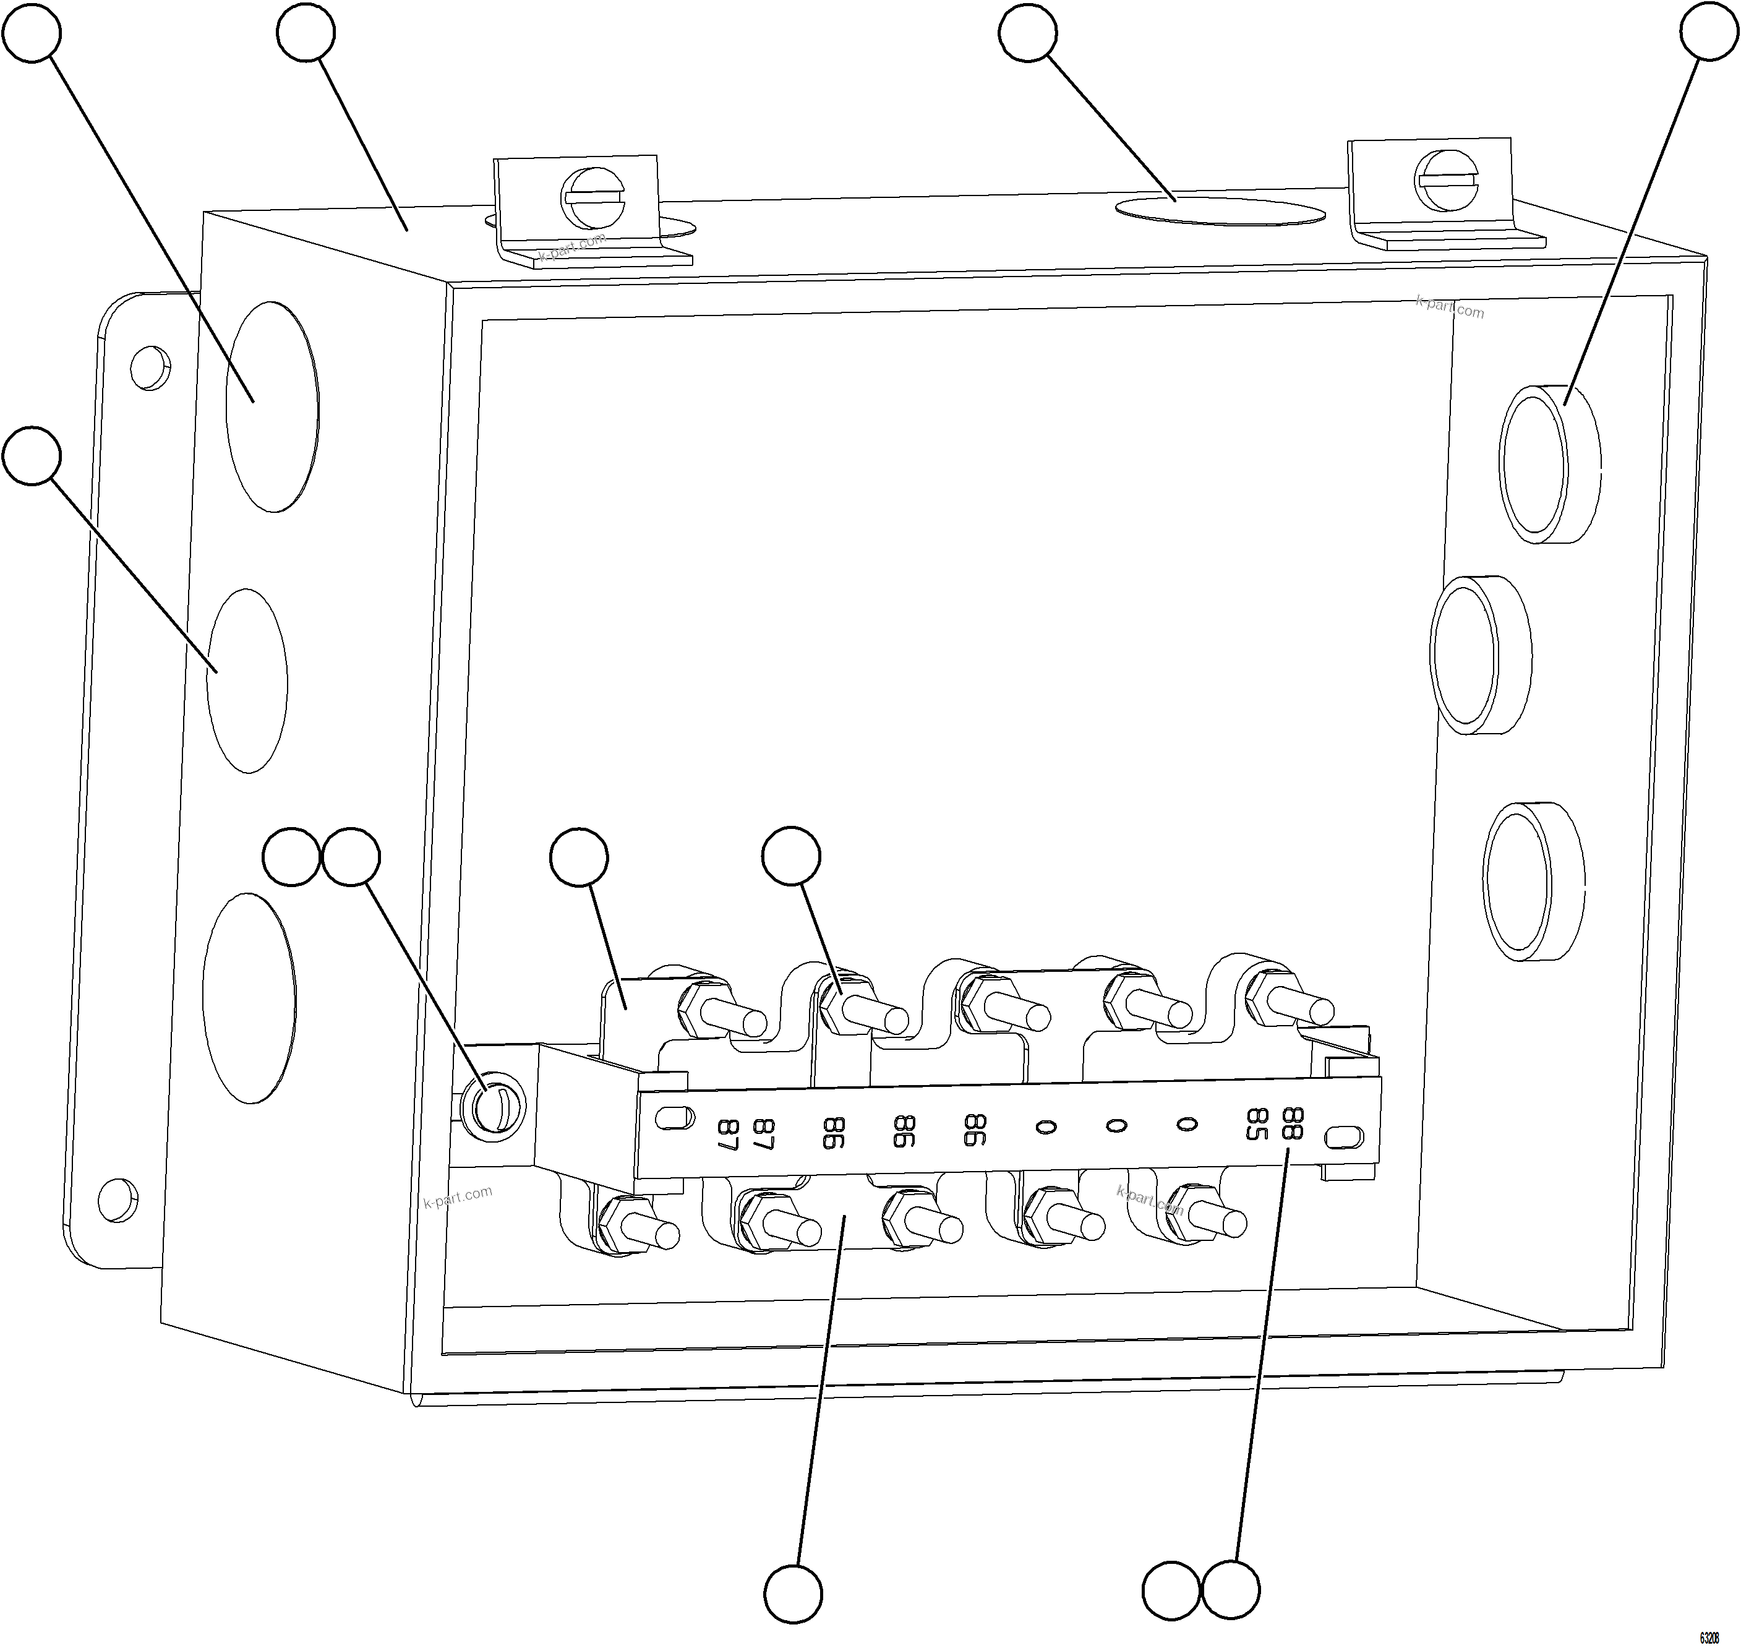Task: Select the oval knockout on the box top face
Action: pyautogui.click(x=1218, y=212)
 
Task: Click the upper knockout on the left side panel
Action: pyautogui.click(x=272, y=406)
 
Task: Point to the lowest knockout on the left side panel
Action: pyautogui.click(x=249, y=998)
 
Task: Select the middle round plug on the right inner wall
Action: pyautogui.click(x=1481, y=655)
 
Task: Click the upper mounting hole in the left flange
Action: pyautogui.click(x=150, y=368)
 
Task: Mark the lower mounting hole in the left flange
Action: pyautogui.click(x=119, y=1199)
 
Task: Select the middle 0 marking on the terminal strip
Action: pyautogui.click(x=1116, y=1125)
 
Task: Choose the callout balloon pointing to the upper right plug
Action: pyautogui.click(x=1708, y=32)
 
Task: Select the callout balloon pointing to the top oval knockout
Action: pyautogui.click(x=1028, y=33)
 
